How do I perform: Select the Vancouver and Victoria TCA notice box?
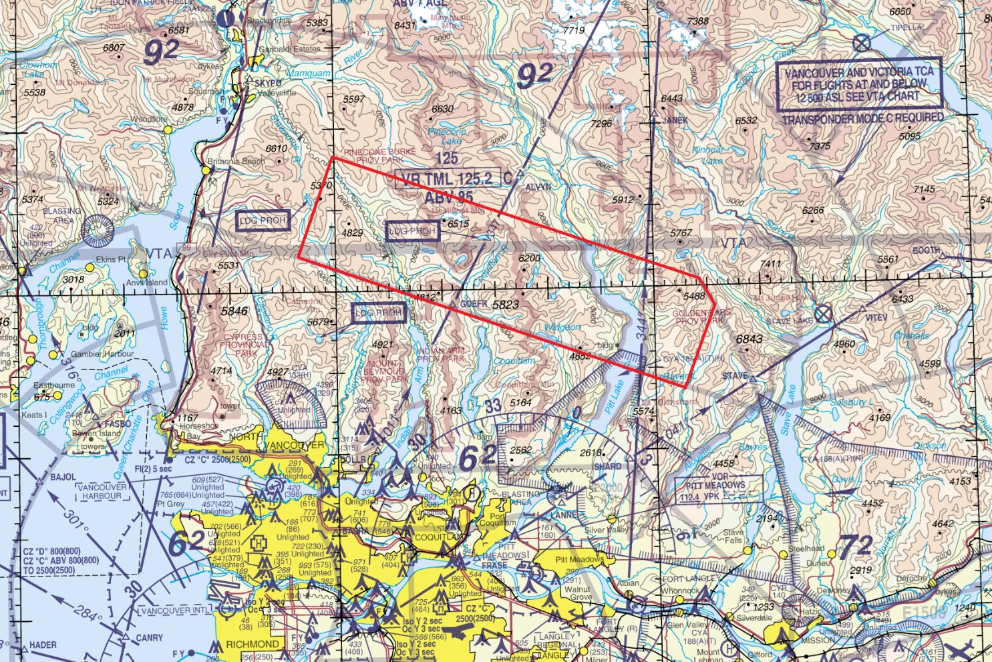click(x=859, y=84)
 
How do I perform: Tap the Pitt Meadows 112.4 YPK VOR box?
click(x=715, y=491)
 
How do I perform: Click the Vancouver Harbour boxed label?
click(x=102, y=492)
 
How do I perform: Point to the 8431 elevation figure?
click(x=405, y=25)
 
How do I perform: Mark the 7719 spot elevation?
click(x=574, y=30)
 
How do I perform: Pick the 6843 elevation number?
click(x=749, y=339)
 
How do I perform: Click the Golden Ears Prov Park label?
click(x=701, y=317)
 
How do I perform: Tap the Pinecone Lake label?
click(x=447, y=136)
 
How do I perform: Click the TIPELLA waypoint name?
click(x=906, y=28)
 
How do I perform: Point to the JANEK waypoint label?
click(x=675, y=121)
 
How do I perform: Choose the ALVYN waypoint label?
click(x=538, y=188)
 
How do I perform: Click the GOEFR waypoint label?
click(x=473, y=304)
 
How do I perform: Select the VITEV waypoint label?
click(x=876, y=318)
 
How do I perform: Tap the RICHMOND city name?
click(x=252, y=645)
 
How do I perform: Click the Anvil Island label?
click(x=147, y=283)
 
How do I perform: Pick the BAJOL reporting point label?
click(x=63, y=478)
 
